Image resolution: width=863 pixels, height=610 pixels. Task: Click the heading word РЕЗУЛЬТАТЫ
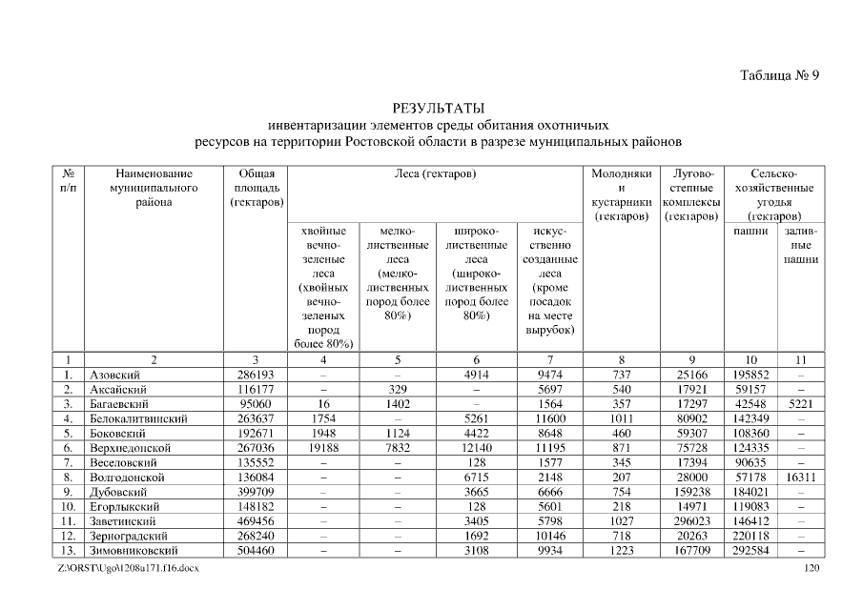coord(439,108)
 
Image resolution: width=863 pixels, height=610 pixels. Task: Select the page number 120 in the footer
coord(812,568)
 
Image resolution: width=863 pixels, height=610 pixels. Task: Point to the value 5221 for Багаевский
coord(801,404)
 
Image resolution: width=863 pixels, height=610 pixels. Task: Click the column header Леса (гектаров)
coord(435,174)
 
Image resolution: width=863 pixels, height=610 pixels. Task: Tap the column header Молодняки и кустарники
coord(622,195)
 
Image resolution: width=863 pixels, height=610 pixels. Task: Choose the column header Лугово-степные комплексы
coord(691,195)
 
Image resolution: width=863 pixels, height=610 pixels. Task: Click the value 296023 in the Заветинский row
coord(691,521)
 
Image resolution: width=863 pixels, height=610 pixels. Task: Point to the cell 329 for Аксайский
coord(398,390)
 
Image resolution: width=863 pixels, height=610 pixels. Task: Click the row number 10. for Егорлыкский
coord(68,507)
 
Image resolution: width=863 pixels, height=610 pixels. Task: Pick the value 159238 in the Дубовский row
coord(691,492)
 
